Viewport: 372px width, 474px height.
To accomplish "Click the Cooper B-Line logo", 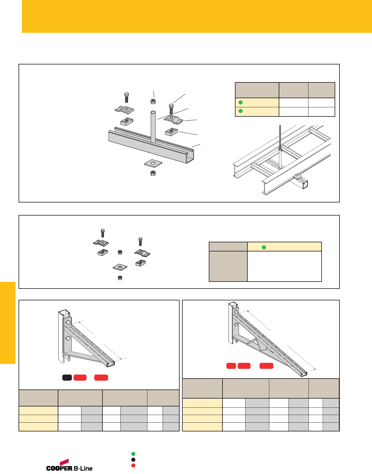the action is pos(69,465).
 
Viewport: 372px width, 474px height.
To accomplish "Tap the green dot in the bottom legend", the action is pos(133,454).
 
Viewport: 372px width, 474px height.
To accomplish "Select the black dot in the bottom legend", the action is pos(133,460).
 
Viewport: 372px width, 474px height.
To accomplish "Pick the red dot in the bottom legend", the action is pos(133,465).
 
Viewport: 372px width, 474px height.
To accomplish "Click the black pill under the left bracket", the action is pos(67,378).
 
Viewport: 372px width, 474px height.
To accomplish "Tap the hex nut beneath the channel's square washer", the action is pos(153,173).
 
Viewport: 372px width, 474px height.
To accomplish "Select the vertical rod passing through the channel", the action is pos(153,126).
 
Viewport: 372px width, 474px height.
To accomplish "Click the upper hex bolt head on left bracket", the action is pos(68,322).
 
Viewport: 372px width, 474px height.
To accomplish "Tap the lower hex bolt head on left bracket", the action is pos(68,338).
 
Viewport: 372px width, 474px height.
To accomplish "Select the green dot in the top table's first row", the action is pos(240,102).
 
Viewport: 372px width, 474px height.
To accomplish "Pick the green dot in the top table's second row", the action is pos(240,111).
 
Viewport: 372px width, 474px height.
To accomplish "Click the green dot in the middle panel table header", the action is pos(264,247).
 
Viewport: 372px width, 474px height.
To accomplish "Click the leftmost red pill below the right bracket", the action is pos(231,366).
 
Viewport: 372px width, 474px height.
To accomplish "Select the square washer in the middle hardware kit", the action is pos(120,268).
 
